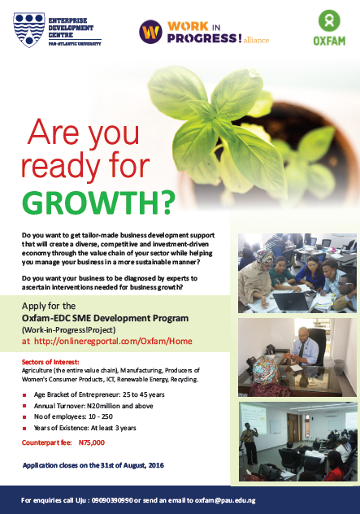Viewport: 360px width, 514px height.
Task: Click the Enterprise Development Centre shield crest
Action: tap(29, 30)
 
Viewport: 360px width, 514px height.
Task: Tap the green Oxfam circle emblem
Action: tap(329, 20)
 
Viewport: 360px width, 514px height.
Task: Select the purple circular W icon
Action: tap(150, 32)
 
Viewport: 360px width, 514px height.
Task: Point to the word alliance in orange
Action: tap(256, 40)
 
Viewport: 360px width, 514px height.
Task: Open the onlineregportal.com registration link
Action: tap(113, 342)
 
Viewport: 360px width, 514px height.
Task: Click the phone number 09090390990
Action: tap(112, 500)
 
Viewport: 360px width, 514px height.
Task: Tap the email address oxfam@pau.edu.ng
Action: tap(225, 500)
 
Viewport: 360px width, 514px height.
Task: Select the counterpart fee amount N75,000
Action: tap(92, 442)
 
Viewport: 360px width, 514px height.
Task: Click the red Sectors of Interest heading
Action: tap(50, 362)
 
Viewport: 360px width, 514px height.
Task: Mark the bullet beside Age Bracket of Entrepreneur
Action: tap(24, 395)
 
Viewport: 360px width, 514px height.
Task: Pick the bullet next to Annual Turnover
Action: tap(24, 406)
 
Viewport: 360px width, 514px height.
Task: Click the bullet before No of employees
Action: tap(24, 417)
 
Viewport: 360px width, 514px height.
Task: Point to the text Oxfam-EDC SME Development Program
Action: tap(105, 318)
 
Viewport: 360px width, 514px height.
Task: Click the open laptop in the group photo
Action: tap(291, 301)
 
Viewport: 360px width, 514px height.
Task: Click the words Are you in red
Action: tap(84, 133)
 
